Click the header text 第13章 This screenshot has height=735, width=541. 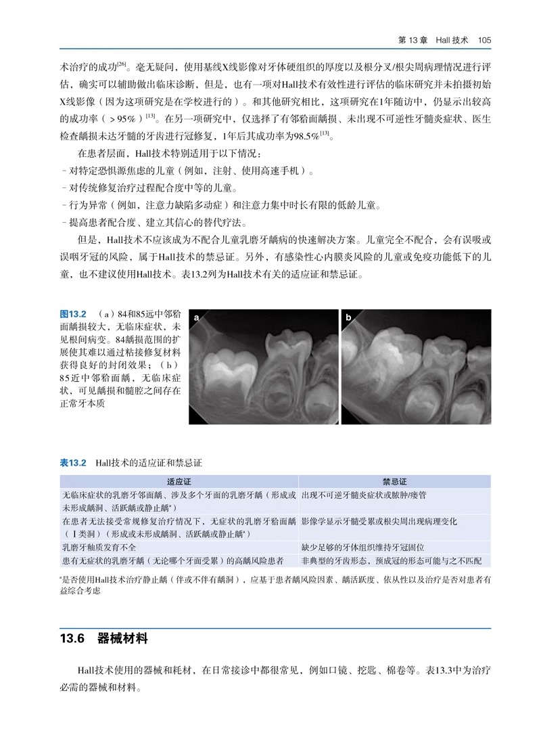413,40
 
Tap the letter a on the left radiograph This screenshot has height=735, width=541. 196,318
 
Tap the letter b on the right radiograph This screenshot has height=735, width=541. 348,318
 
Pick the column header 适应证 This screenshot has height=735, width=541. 179,482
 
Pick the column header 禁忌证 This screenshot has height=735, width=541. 394,482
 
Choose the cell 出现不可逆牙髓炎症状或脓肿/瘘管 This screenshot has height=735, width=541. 373,495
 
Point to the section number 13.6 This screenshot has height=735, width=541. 71,638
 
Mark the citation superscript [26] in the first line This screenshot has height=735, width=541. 122,64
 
